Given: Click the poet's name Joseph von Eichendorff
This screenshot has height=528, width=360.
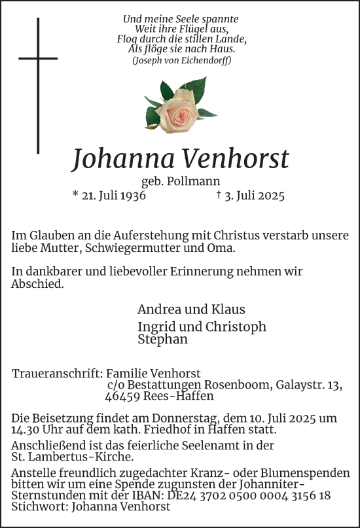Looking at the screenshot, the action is (x=181, y=60).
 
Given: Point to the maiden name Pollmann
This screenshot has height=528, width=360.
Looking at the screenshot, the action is (x=199, y=182).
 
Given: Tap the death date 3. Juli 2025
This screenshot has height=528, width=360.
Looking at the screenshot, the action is (x=251, y=196).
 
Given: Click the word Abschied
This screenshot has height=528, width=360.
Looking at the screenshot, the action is (x=37, y=284).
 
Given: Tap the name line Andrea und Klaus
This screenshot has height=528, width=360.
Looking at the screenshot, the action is (x=191, y=309).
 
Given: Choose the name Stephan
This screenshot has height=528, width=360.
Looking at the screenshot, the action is (x=163, y=339).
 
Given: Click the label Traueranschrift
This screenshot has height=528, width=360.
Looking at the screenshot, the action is (x=57, y=374).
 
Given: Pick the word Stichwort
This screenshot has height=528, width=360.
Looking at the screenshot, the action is (x=37, y=506).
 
